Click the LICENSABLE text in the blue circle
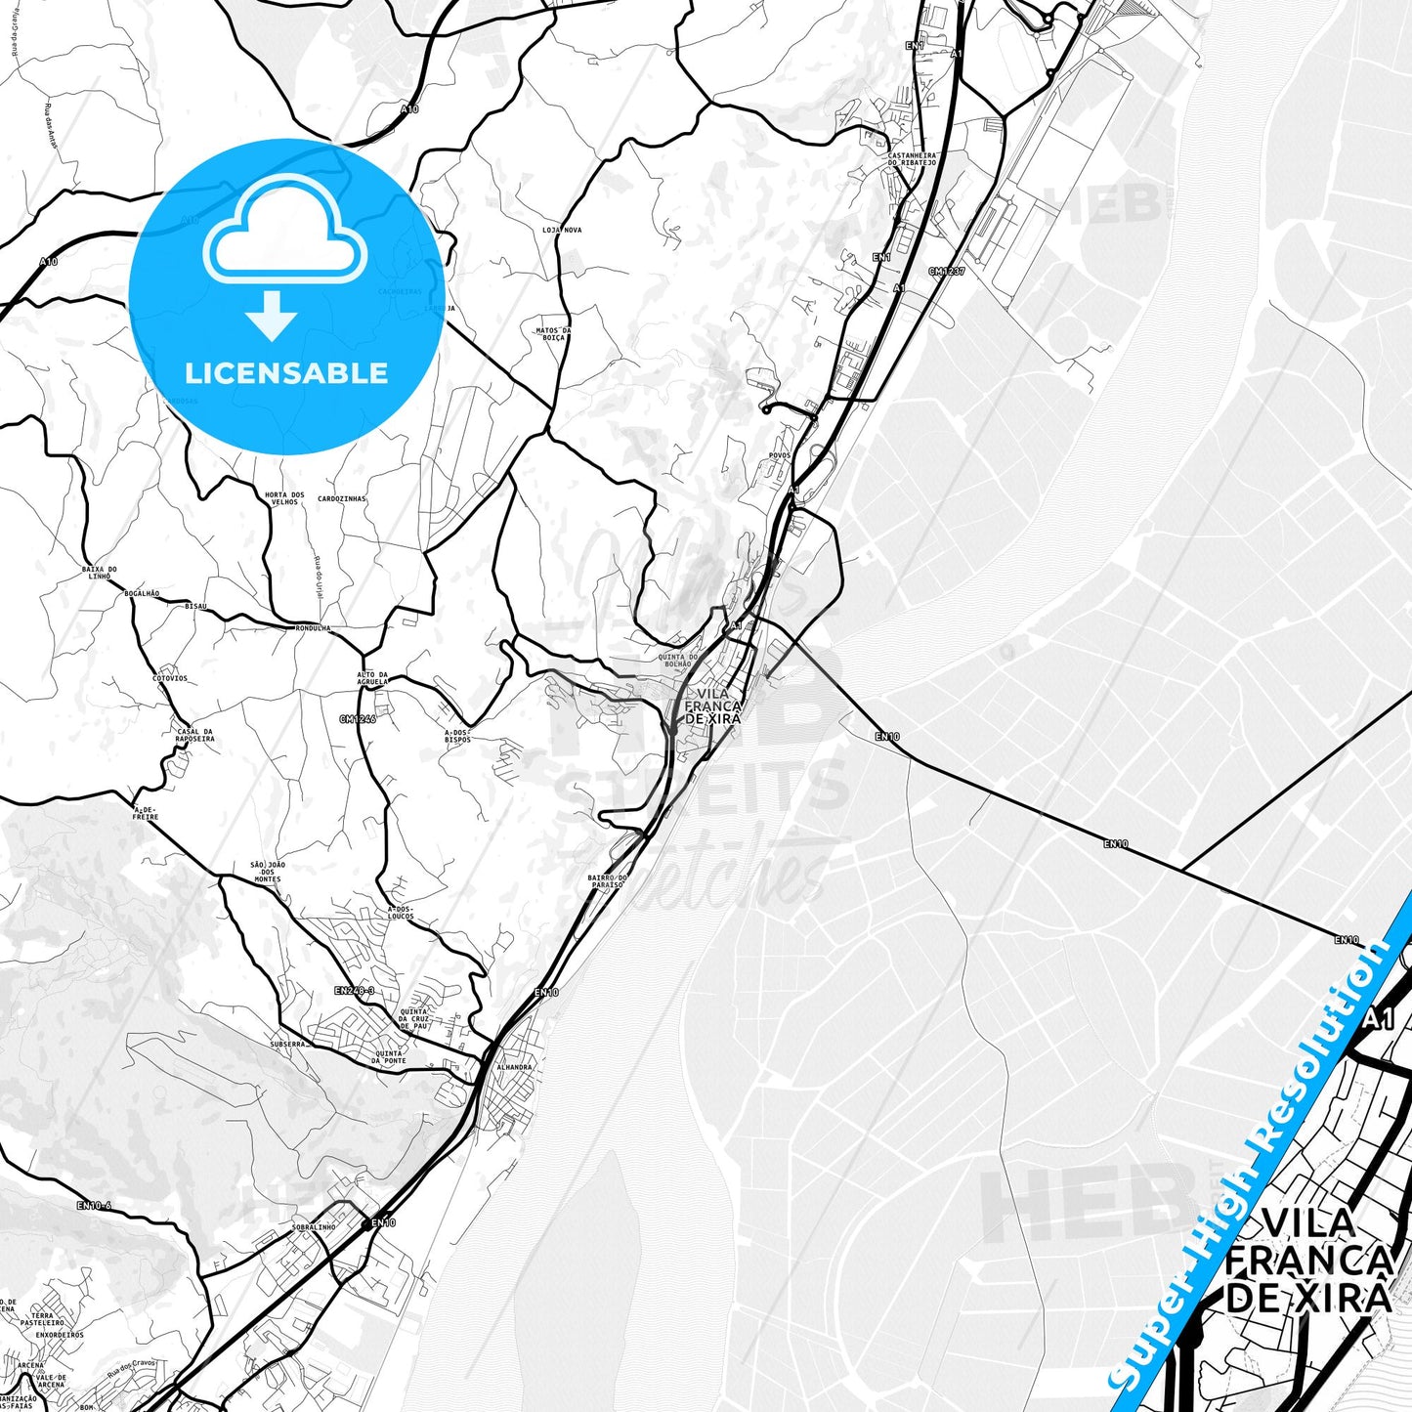point(286,373)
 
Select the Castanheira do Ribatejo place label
point(912,158)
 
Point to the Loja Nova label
point(562,230)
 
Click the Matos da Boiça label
point(553,334)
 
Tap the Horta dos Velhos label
point(284,498)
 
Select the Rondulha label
point(313,628)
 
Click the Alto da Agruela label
point(372,678)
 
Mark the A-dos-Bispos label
point(457,736)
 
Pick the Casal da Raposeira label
point(194,736)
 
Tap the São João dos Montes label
point(267,872)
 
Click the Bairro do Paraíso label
point(607,881)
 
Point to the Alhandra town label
point(514,1067)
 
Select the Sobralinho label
point(313,1227)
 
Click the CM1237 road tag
point(946,272)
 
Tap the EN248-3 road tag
point(354,991)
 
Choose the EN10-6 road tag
point(94,1206)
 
